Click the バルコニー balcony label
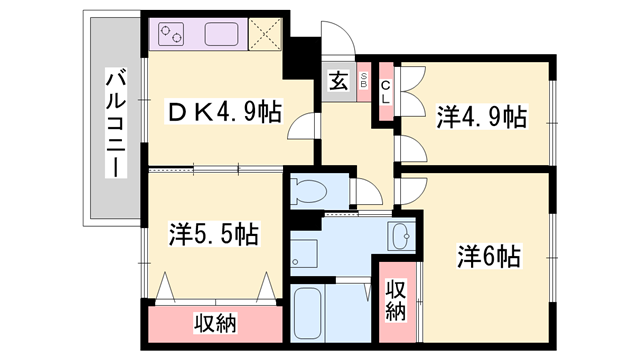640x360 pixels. point(116,121)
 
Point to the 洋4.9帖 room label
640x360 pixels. point(481,116)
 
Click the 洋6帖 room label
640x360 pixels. point(489,255)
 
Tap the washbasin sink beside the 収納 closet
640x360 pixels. point(403,237)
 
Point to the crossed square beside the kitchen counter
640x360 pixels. point(265,36)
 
